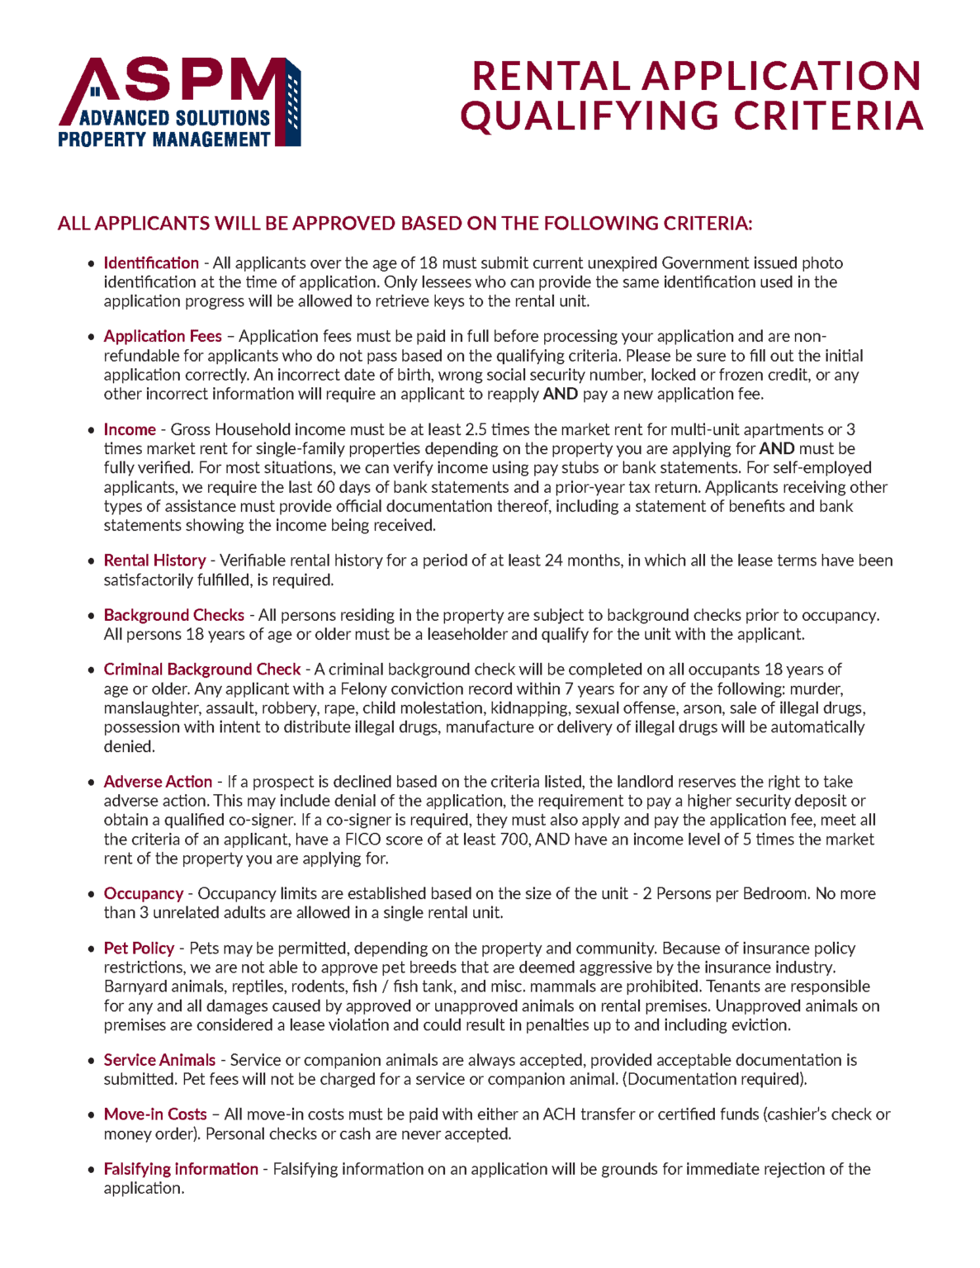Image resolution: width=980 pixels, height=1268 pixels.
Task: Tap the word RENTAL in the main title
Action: (551, 77)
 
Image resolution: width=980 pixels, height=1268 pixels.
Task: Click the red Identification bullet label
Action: (151, 263)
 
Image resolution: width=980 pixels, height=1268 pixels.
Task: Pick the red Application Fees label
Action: (163, 336)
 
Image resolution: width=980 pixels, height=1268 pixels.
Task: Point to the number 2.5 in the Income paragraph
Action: (476, 429)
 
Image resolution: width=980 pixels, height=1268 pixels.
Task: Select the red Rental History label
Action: (154, 561)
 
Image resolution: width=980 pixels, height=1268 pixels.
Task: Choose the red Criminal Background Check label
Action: (202, 669)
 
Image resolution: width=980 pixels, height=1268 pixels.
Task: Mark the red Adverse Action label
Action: (158, 782)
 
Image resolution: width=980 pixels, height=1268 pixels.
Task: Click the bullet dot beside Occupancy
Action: (92, 894)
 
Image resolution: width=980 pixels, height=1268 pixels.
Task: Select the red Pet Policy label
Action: (139, 949)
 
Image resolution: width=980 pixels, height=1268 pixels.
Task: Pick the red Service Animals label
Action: (159, 1060)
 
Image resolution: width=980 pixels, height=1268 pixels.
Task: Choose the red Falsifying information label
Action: (181, 1169)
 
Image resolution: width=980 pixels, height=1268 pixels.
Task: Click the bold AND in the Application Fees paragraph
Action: (560, 394)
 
